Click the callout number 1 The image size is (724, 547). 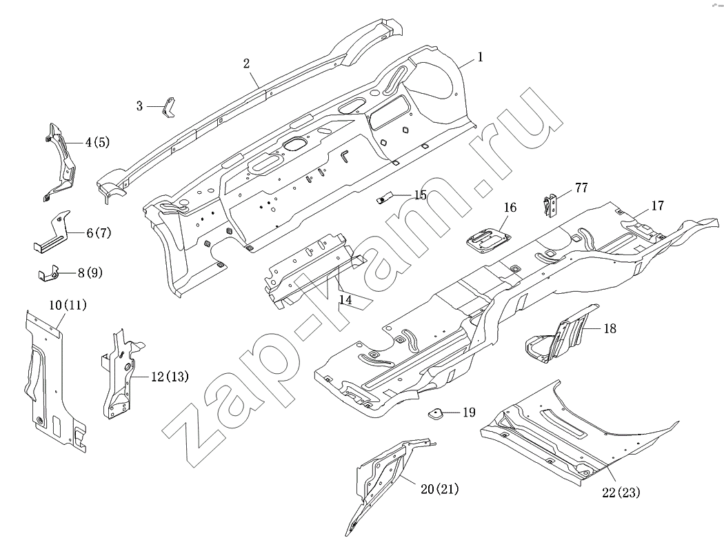[480, 58]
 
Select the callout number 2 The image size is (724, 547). [246, 63]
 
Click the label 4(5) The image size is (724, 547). [97, 143]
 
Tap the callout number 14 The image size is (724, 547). [345, 299]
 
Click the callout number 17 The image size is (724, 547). [657, 206]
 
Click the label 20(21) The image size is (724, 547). [439, 489]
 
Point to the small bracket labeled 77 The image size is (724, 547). [550, 205]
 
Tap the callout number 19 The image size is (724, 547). [468, 413]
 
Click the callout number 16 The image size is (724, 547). [510, 207]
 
